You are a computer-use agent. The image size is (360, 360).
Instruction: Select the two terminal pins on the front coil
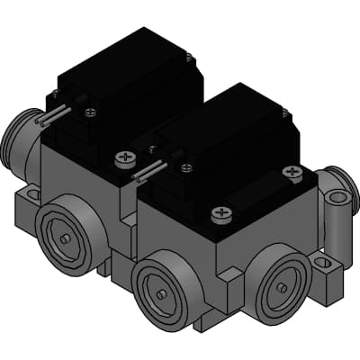148,170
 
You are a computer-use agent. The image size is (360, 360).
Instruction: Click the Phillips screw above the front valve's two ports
220,213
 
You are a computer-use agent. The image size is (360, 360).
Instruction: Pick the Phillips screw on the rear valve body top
124,159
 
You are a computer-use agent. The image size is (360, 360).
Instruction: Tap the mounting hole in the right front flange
325,264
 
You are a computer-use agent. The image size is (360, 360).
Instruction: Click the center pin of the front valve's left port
159,294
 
